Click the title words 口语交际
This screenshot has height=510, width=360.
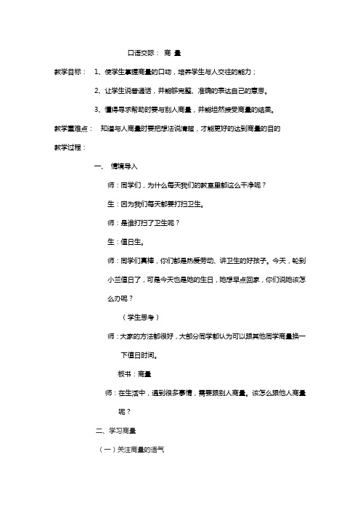(142, 53)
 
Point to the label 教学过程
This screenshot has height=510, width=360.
(67, 147)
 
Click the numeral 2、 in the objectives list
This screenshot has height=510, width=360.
(99, 92)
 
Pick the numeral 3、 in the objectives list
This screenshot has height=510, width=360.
(99, 110)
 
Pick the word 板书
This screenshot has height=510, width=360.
(124, 373)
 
